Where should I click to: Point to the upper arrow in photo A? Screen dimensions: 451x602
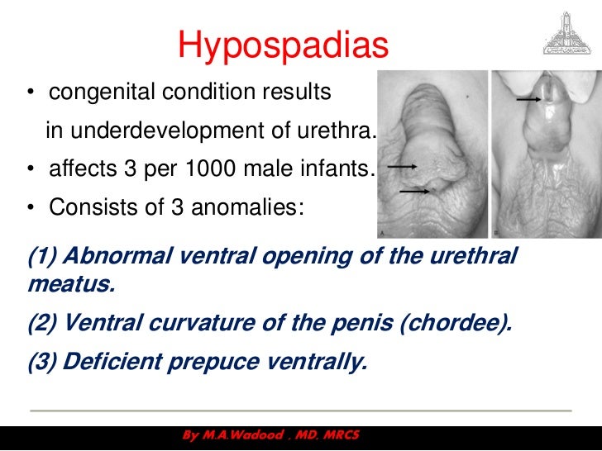402,166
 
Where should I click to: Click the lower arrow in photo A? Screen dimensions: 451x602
414,192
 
